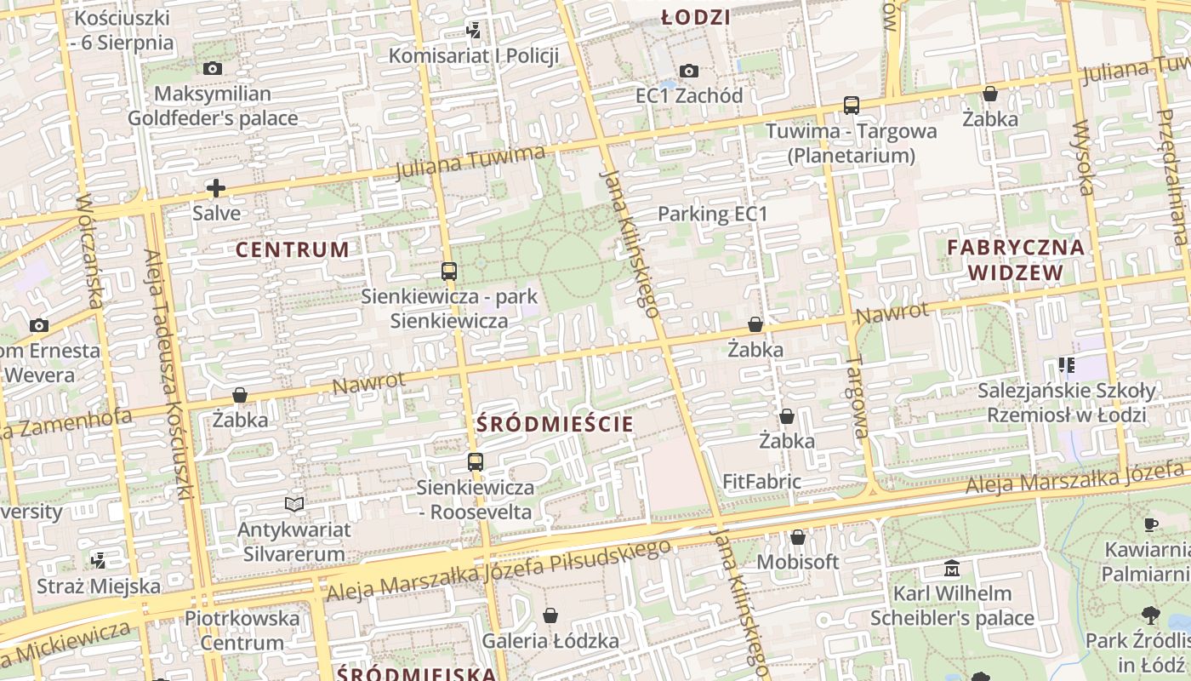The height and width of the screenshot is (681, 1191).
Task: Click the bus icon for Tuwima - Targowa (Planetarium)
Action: pyautogui.click(x=851, y=106)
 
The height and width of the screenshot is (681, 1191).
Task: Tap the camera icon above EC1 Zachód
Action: pyautogui.click(x=689, y=71)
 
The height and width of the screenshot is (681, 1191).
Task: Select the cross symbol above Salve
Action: pyautogui.click(x=216, y=188)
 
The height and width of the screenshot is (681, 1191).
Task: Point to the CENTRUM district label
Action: pyautogui.click(x=292, y=249)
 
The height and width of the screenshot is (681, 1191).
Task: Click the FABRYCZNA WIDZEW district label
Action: pyautogui.click(x=1016, y=260)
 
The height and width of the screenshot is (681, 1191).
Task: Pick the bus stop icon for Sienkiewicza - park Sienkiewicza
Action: pyautogui.click(x=449, y=272)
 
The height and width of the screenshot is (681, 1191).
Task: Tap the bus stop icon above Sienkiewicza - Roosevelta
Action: pyautogui.click(x=476, y=462)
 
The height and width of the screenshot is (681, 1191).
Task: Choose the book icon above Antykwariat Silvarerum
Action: pyautogui.click(x=294, y=505)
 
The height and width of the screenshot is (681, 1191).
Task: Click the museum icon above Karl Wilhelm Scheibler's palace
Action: pyautogui.click(x=952, y=568)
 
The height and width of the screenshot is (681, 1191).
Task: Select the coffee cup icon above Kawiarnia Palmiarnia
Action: pyautogui.click(x=1151, y=524)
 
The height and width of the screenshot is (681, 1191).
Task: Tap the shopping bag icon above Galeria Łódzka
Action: pyautogui.click(x=550, y=615)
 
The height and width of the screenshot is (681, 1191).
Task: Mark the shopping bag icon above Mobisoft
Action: pyautogui.click(x=797, y=537)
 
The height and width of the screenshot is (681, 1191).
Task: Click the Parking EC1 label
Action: pyautogui.click(x=713, y=214)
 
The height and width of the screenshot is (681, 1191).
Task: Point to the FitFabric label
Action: pyautogui.click(x=761, y=482)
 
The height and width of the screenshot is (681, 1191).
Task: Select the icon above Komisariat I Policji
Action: pyautogui.click(x=474, y=31)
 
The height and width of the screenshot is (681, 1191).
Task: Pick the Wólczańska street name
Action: pyautogui.click(x=90, y=250)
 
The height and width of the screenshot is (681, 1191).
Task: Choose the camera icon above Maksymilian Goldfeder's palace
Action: pyautogui.click(x=213, y=69)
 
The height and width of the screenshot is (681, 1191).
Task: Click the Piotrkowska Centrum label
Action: pyautogui.click(x=242, y=630)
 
